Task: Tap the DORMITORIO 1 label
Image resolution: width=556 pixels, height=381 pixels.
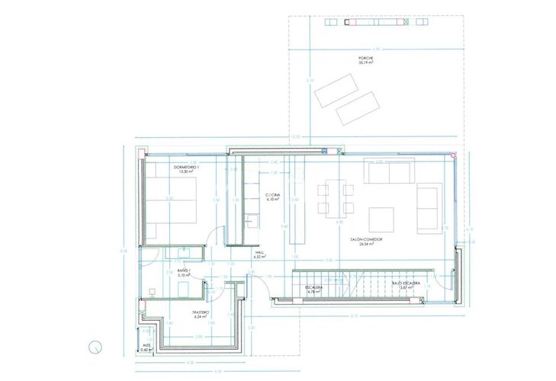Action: click(183, 168)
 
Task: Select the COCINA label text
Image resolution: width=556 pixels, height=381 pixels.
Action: click(273, 196)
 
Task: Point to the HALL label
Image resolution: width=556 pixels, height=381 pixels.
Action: click(260, 255)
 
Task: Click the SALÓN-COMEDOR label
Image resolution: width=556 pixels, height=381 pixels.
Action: click(366, 240)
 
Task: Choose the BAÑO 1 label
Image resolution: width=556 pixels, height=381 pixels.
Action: click(182, 271)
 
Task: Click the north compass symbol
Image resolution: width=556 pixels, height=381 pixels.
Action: click(95, 346)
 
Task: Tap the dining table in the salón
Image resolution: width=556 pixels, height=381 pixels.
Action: click(336, 196)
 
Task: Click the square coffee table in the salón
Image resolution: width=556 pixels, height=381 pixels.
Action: click(382, 219)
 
